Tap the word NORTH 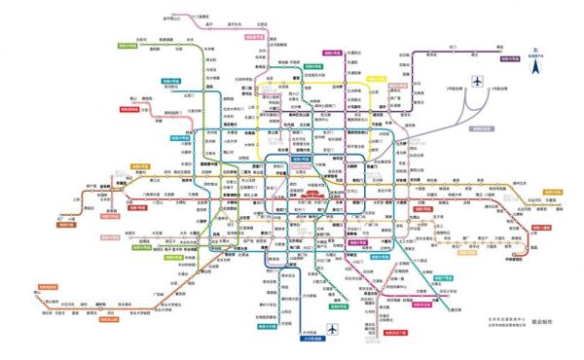[534, 56]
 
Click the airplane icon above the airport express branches [479, 82]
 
